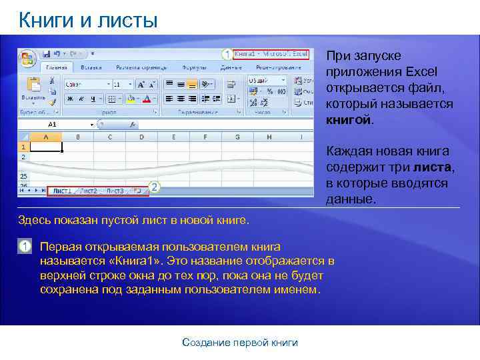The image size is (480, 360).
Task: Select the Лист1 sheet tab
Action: pos(64,191)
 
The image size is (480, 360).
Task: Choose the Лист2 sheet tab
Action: pos(89,191)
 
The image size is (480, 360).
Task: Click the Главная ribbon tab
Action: pos(56,67)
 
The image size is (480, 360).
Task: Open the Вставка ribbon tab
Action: pos(91,67)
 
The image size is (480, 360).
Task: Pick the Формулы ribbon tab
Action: pos(194,67)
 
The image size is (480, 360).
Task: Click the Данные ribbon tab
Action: pos(231,67)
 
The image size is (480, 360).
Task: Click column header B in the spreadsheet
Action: pos(78,137)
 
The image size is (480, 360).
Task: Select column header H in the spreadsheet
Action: pos(269,137)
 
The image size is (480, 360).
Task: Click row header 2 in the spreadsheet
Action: pos(23,157)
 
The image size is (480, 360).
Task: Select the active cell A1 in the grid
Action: pos(46,147)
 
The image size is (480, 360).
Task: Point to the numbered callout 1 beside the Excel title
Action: pos(227,53)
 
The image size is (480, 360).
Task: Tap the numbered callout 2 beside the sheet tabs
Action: pos(155,187)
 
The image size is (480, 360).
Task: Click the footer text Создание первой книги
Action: pos(240,343)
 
